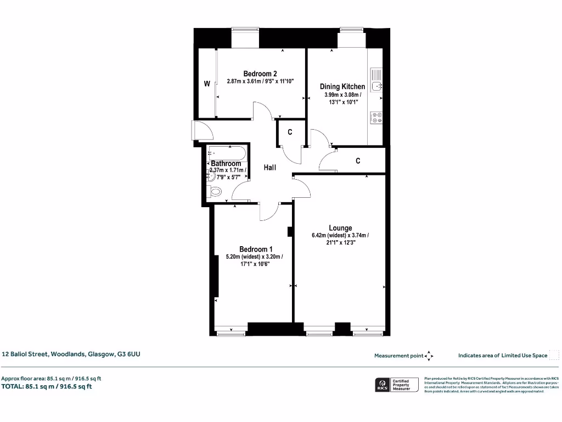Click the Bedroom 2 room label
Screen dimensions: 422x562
click(x=260, y=74)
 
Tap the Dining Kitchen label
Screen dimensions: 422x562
click(x=342, y=86)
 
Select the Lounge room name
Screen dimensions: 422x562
click(x=340, y=228)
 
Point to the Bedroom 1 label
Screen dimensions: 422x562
click(x=256, y=249)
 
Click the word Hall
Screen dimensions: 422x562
click(x=269, y=168)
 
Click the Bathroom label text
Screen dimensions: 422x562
click(x=226, y=163)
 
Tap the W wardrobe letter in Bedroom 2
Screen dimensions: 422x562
click(x=207, y=84)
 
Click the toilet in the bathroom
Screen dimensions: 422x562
click(x=215, y=192)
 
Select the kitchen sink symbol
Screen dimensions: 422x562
click(x=376, y=80)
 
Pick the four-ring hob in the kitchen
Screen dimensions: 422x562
click(x=376, y=118)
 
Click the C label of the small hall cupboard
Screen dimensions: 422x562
click(x=290, y=132)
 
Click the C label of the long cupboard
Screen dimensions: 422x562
click(x=358, y=160)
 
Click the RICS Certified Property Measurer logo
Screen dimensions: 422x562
click(x=396, y=385)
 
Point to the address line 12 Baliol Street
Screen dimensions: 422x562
click(x=71, y=354)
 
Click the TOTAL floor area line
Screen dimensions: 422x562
click(x=47, y=386)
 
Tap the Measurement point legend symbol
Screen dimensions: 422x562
click(x=429, y=356)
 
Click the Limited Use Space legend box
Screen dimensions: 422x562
click(x=554, y=355)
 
